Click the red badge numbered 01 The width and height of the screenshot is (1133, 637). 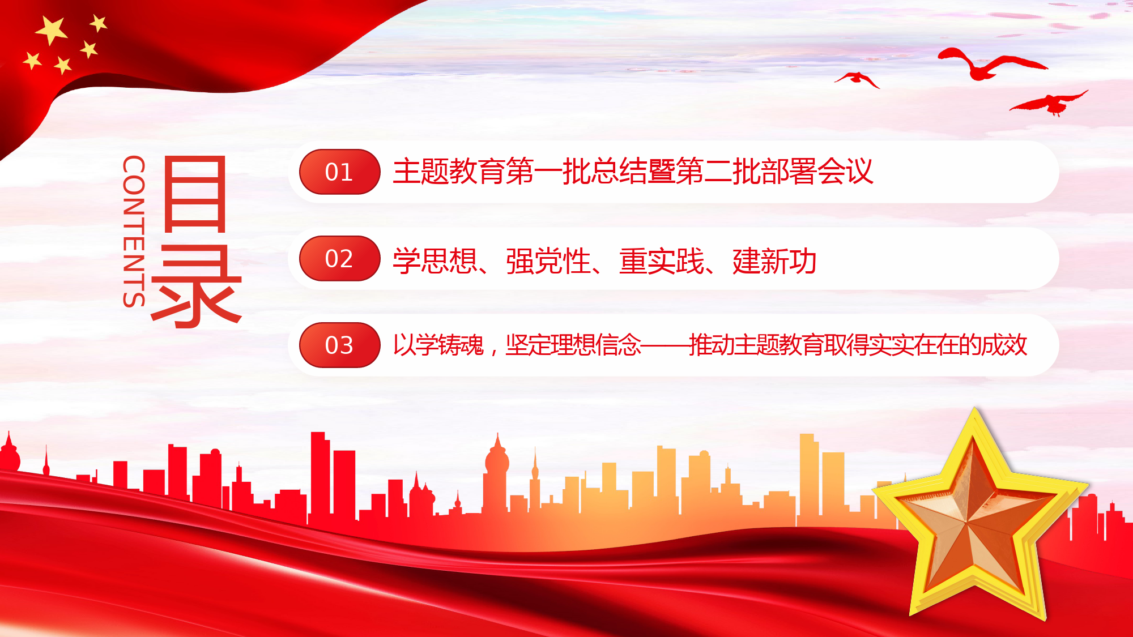click(x=339, y=172)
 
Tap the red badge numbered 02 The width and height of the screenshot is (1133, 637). click(x=339, y=258)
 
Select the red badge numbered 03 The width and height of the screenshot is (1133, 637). click(x=339, y=345)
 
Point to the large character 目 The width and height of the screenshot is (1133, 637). click(x=195, y=194)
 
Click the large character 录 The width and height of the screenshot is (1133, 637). click(x=197, y=287)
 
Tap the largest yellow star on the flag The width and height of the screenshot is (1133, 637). click(x=52, y=30)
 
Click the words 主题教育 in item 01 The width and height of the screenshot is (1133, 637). click(x=449, y=172)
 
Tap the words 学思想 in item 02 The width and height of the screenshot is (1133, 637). click(x=435, y=261)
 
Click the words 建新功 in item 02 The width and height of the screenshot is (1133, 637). click(x=774, y=261)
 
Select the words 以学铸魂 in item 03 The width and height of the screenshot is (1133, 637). click(x=438, y=345)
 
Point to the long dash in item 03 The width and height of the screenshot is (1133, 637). click(x=665, y=345)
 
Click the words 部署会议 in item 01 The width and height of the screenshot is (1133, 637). click(x=817, y=172)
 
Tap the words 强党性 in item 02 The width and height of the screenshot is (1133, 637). click(x=548, y=261)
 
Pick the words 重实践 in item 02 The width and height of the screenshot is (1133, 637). click(x=662, y=261)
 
